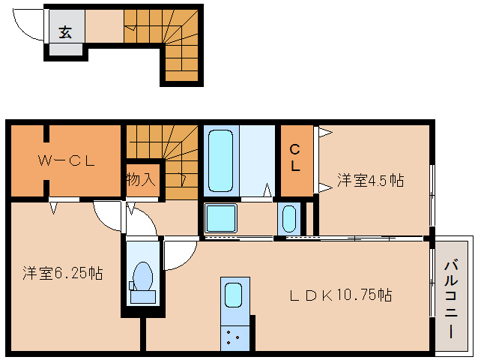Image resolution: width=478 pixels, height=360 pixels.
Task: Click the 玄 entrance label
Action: [x=66, y=31]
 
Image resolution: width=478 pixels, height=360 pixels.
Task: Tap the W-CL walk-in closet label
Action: [x=65, y=159]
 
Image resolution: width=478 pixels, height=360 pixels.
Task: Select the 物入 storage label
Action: [x=142, y=180]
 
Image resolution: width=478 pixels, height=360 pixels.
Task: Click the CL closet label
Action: [x=297, y=159]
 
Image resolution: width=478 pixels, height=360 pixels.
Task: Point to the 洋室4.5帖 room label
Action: [x=370, y=180]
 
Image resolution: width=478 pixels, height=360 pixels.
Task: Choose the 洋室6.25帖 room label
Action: [x=62, y=273]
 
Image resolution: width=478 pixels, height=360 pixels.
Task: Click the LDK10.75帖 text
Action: [x=341, y=294]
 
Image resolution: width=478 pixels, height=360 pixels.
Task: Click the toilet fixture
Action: [x=142, y=279]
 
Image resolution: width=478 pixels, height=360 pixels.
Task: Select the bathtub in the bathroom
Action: [x=223, y=160]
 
